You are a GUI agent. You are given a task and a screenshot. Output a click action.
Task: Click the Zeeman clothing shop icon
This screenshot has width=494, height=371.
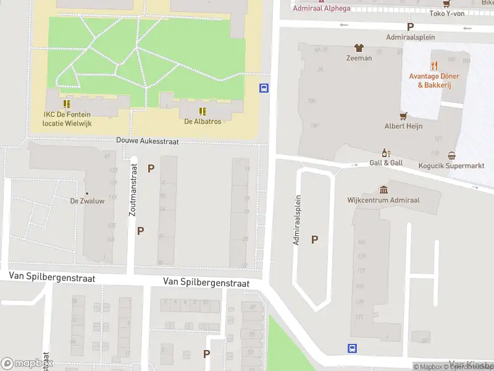pyautogui.click(x=358, y=48)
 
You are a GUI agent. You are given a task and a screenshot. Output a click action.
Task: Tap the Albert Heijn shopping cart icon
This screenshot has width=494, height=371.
pyautogui.click(x=404, y=116)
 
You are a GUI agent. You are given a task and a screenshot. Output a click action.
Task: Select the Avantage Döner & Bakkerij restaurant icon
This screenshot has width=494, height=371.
pyautogui.click(x=435, y=65)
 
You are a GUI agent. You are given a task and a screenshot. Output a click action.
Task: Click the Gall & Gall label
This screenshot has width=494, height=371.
pyautogui.click(x=387, y=162)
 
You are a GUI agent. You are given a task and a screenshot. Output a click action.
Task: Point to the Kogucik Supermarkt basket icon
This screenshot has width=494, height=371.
pyautogui.click(x=452, y=156)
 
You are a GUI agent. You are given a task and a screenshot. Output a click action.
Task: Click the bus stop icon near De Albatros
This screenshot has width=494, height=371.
pyautogui.click(x=264, y=88)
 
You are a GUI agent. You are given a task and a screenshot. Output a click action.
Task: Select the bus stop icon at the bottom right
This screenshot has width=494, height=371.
pyautogui.click(x=352, y=349)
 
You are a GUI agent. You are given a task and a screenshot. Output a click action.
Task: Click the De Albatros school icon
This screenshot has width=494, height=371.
pyautogui.click(x=202, y=111)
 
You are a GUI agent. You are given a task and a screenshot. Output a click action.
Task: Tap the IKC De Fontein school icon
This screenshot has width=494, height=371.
pyautogui.click(x=67, y=104)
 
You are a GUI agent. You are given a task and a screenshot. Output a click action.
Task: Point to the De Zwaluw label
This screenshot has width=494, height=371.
pyautogui.click(x=86, y=201)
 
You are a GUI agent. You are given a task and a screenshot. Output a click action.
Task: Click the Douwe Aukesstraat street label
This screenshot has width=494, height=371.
pyautogui.click(x=148, y=141)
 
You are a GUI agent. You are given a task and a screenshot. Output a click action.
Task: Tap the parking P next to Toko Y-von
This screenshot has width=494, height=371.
pyautogui.click(x=409, y=27)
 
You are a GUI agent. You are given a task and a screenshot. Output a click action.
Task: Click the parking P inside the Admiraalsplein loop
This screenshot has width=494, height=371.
pyautogui.click(x=315, y=239)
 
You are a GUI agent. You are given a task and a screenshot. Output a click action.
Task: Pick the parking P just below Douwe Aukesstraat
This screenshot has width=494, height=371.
pyautogui.click(x=151, y=168)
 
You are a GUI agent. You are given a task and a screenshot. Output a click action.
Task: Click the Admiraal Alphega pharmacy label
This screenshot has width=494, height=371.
pyautogui.click(x=320, y=8)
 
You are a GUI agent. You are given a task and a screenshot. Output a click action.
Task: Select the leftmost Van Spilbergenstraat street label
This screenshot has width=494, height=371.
pyautogui.click(x=52, y=278)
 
